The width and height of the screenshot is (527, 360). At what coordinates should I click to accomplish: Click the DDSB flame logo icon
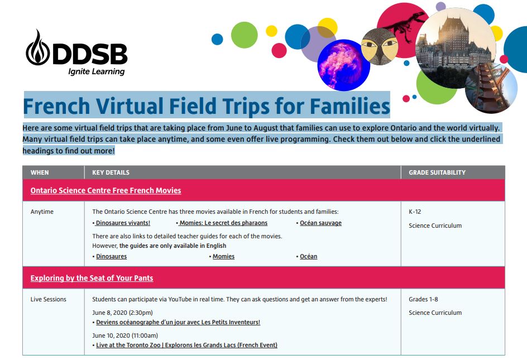click(x=37, y=47)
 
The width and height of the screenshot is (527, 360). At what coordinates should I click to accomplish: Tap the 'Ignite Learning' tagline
click(x=96, y=71)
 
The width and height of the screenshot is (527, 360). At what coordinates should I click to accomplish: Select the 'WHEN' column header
click(x=40, y=172)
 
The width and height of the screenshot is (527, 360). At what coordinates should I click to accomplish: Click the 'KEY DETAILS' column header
click(x=111, y=172)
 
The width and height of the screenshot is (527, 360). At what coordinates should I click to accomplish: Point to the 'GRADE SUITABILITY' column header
click(x=437, y=172)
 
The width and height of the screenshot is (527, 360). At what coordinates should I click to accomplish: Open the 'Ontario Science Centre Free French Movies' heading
click(x=106, y=190)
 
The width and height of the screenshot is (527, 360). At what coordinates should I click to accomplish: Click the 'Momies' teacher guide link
click(x=223, y=257)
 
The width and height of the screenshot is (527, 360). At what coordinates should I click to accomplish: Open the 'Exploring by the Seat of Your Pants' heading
click(x=92, y=278)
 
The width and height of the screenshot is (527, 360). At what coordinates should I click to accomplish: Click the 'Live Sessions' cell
click(x=48, y=299)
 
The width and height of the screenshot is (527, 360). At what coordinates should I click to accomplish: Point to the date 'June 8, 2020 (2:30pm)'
click(x=122, y=313)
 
